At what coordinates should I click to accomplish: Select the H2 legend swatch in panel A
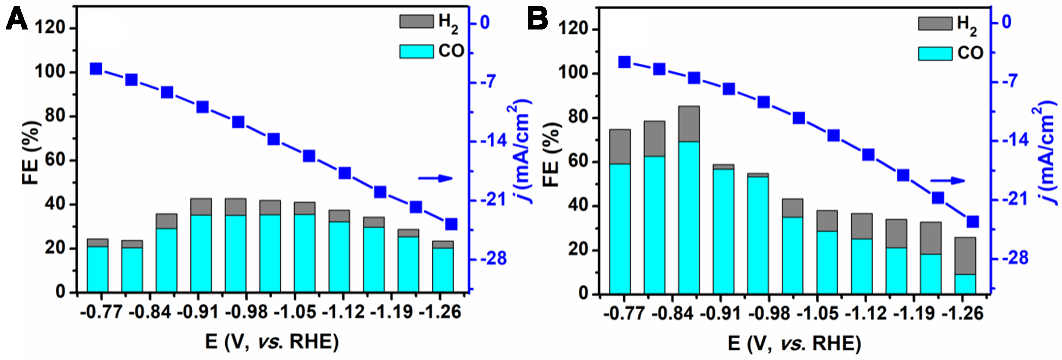[416, 21]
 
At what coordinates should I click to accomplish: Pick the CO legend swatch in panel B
[935, 54]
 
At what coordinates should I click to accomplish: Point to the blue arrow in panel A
[435, 178]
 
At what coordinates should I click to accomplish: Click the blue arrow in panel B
[947, 181]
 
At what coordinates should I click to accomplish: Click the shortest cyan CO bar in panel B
[965, 284]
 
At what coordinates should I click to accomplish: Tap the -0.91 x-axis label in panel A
[198, 312]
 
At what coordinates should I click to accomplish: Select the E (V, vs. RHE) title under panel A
[272, 342]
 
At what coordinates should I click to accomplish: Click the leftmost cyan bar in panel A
[97, 270]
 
